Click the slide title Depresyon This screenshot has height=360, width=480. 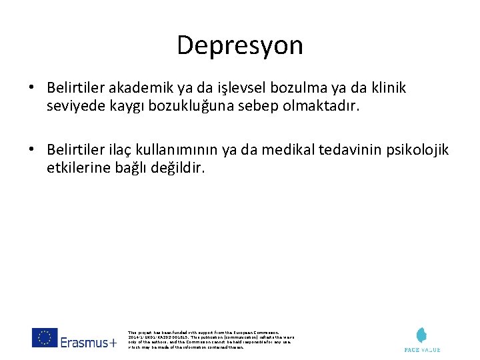tap(240, 45)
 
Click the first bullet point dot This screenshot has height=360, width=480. tap(31, 88)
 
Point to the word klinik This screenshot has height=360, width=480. tap(388, 88)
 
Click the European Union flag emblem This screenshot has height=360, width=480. tap(45, 338)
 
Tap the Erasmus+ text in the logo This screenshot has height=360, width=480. tap(89, 343)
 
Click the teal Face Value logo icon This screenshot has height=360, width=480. tap(422, 335)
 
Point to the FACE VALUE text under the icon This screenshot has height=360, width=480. tap(422, 349)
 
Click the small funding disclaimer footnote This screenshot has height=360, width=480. tap(209, 339)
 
